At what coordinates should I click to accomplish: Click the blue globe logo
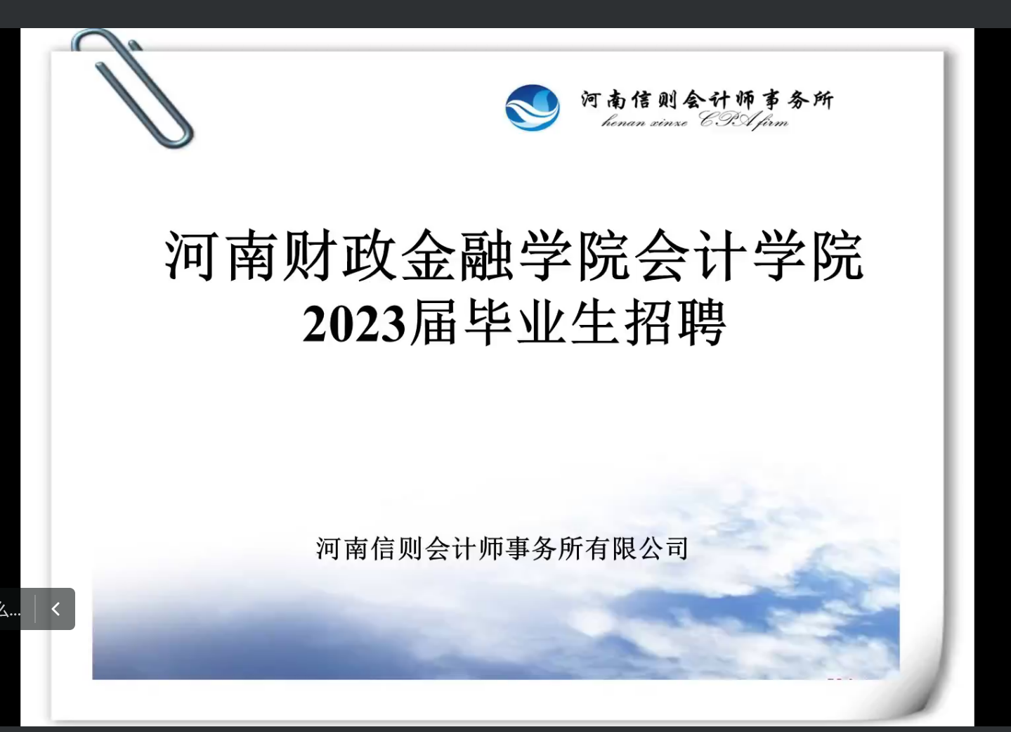(532, 108)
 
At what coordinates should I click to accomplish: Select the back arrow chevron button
(56, 609)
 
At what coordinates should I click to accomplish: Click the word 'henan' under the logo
(623, 122)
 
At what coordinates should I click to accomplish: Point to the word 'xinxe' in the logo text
(669, 122)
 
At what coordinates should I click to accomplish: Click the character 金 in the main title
(427, 255)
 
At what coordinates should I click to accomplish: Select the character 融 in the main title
(486, 255)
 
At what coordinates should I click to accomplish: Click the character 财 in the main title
(310, 255)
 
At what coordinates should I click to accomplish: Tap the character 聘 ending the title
(702, 322)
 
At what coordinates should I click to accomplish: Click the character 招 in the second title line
(648, 322)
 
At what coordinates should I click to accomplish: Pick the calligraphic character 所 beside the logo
(822, 99)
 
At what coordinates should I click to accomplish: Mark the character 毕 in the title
(488, 322)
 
